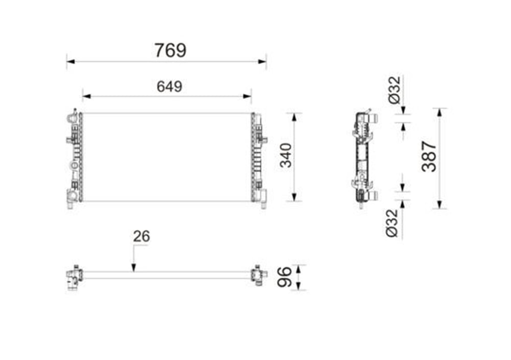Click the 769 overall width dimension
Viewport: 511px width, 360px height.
tap(171, 50)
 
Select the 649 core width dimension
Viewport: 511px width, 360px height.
tap(170, 86)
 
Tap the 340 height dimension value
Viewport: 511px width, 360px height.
tap(286, 155)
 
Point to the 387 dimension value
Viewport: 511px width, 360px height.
tap(429, 156)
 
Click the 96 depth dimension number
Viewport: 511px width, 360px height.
tap(284, 277)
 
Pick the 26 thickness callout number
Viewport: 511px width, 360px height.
tap(142, 236)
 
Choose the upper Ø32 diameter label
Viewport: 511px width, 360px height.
tap(394, 90)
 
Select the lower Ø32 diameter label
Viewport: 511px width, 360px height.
tap(392, 223)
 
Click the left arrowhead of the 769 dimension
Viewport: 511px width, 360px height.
tap(71, 61)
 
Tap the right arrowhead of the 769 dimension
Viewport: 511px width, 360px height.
tap(262, 61)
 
